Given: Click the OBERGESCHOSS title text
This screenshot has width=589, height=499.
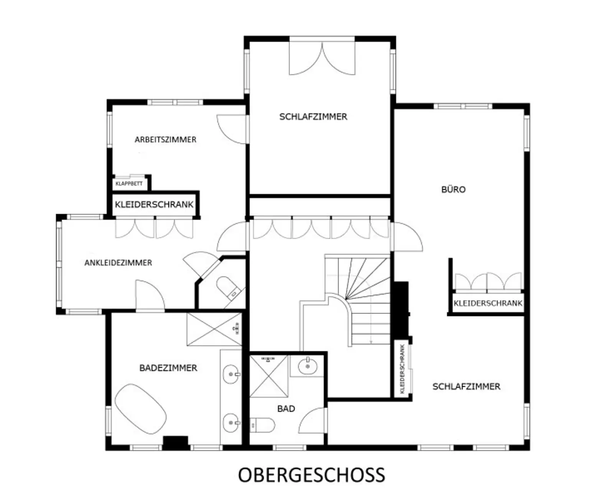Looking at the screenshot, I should click(x=311, y=475).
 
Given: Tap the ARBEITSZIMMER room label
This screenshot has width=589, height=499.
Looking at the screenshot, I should click(x=165, y=140).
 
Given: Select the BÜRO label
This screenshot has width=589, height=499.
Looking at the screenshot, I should click(x=453, y=189).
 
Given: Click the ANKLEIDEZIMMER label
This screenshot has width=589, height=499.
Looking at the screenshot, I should click(x=118, y=263).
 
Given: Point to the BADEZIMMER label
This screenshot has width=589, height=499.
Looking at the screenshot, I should click(x=168, y=368).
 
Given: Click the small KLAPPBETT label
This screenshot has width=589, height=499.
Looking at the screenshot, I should click(x=129, y=184).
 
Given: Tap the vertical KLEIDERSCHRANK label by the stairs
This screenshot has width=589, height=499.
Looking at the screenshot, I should click(x=402, y=369).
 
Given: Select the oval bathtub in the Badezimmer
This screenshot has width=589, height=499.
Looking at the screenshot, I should click(x=141, y=409).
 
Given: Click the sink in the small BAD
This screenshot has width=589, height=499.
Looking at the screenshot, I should click(x=308, y=366).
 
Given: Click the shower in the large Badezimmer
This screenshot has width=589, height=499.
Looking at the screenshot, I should click(x=214, y=329).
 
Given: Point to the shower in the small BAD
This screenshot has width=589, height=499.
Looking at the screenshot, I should click(x=268, y=376).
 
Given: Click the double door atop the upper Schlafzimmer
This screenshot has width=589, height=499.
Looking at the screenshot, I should click(x=322, y=57).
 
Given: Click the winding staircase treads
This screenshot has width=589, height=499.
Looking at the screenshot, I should click(x=364, y=299).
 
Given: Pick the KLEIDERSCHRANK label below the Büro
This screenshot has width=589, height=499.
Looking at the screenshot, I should click(x=488, y=304).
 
